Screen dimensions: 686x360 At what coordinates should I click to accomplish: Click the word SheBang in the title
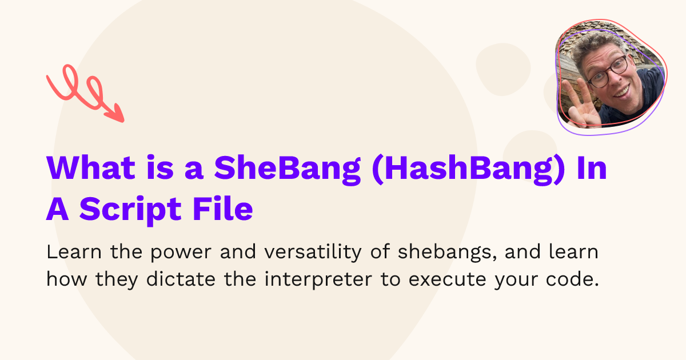(288, 169)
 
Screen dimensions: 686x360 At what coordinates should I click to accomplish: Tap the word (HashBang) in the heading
(468, 169)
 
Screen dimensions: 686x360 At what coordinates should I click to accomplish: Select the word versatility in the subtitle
(313, 253)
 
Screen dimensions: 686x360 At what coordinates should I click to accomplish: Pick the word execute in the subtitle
(448, 280)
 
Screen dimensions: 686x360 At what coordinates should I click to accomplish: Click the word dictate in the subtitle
(181, 279)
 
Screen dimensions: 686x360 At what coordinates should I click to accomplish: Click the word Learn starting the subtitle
(74, 252)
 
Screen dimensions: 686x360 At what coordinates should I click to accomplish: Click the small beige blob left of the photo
(503, 70)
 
